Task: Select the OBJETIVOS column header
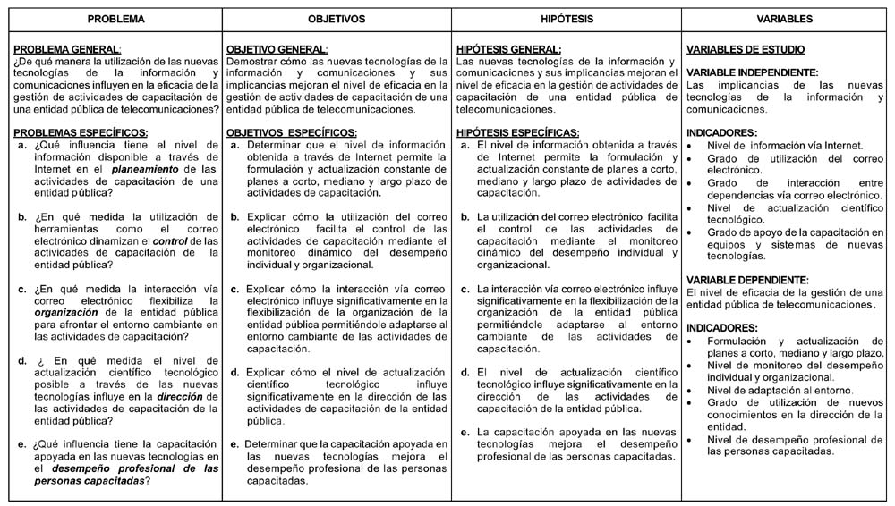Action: coord(336,18)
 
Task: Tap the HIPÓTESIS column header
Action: coord(566,18)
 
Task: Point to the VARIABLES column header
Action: coord(784,18)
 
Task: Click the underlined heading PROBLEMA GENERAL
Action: coord(68,49)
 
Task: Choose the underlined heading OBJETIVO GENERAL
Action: coord(277,49)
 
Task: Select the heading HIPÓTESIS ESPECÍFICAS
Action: coord(517,132)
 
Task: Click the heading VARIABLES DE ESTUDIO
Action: coord(745,49)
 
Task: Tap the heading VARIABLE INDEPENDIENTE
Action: coord(752,72)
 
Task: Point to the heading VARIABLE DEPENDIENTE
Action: coord(746,280)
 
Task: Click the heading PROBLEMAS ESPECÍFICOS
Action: coord(81,132)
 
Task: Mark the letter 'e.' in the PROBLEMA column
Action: coord(22,444)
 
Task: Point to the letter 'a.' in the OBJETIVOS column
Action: coord(234,144)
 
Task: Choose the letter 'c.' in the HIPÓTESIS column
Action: coord(465,290)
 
